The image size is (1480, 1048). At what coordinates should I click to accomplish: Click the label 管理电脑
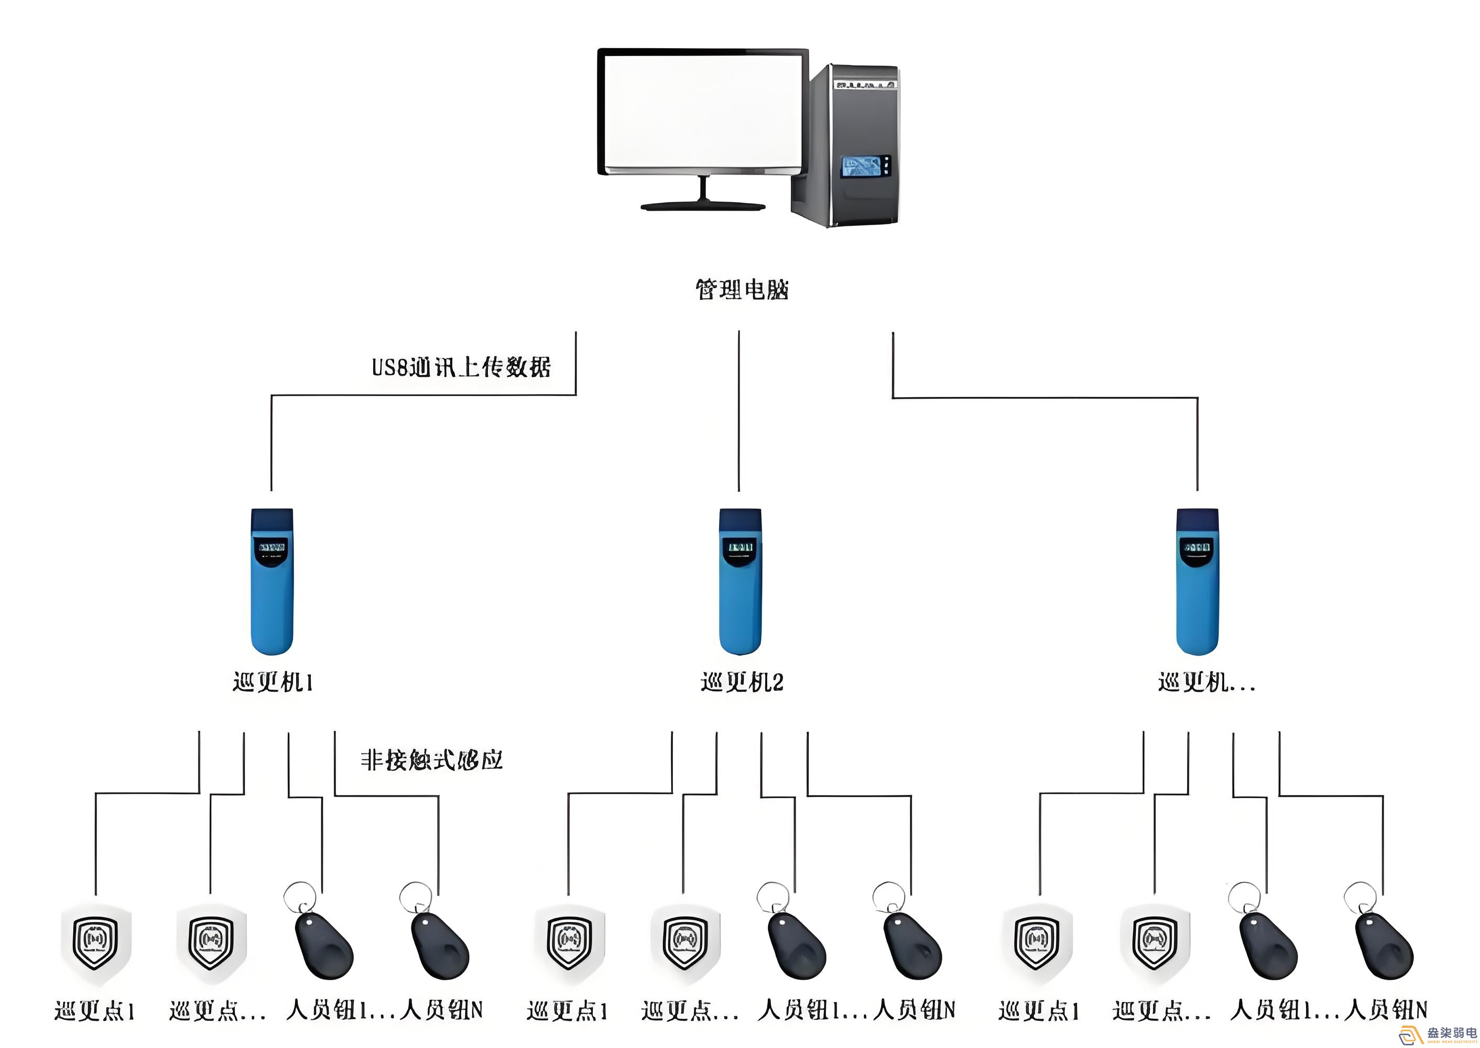coord(741,290)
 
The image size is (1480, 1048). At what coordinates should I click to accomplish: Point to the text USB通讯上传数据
coord(461,367)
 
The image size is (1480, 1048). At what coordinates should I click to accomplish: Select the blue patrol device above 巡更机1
coord(271,581)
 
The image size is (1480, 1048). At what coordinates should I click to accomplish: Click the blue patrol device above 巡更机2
coord(741,581)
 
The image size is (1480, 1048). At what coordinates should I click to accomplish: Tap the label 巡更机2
coord(742,683)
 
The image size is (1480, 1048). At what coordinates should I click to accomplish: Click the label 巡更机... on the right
coord(1206,683)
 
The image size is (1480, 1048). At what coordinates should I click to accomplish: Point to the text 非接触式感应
coord(431,760)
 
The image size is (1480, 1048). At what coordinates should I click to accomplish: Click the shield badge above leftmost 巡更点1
coord(95,943)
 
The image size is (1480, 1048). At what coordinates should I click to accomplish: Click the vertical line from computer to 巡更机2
coord(739,413)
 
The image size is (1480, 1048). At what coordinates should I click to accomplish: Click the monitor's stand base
coord(702,206)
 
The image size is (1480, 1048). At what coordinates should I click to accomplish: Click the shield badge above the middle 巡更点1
coord(569,943)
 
